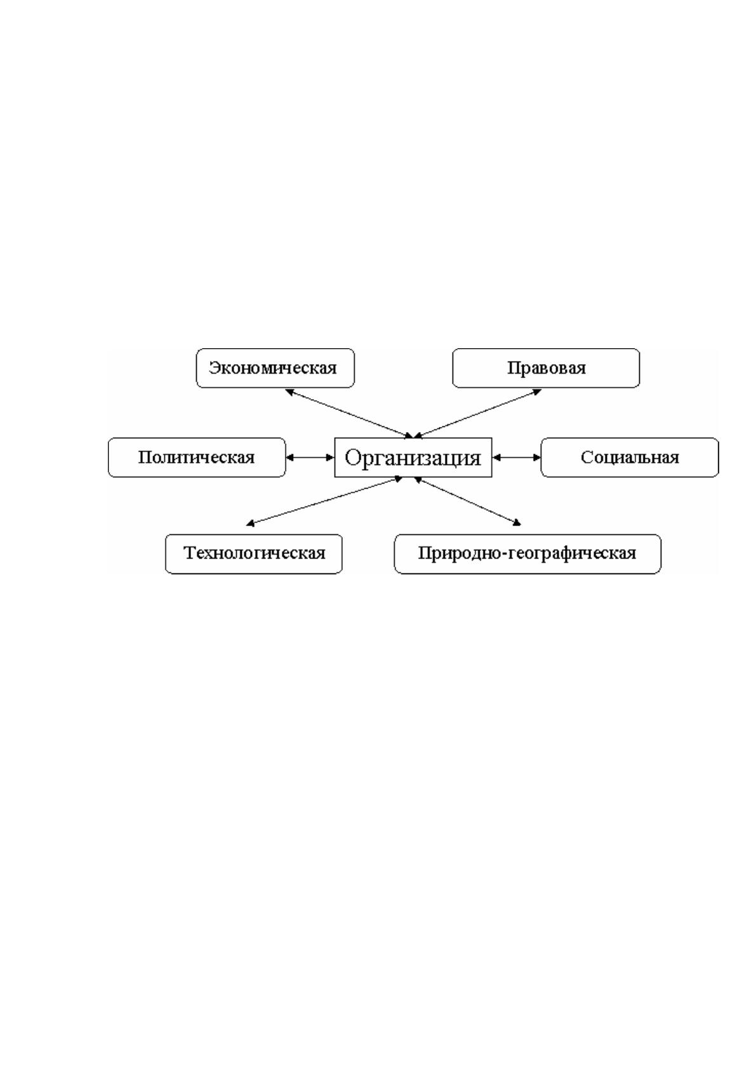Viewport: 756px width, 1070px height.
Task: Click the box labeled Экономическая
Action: (275, 368)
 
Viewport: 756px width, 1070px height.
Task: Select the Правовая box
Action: (546, 368)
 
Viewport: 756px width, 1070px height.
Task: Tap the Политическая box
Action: (197, 457)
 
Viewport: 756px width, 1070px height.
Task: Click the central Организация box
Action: (413, 457)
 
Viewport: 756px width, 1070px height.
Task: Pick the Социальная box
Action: (630, 457)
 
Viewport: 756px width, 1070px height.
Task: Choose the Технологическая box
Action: (253, 553)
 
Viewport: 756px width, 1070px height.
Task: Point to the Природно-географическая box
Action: (527, 553)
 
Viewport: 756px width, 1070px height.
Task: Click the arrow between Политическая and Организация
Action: (310, 457)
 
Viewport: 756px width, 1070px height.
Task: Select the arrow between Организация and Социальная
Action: (517, 457)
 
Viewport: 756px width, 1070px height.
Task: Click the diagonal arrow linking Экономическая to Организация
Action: (348, 414)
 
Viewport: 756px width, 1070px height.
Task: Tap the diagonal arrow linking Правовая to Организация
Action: (477, 414)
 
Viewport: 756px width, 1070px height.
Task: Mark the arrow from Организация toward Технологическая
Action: (324, 501)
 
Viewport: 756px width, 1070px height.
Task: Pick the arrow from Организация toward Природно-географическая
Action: (467, 501)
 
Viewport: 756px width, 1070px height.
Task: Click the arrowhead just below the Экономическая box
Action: (288, 392)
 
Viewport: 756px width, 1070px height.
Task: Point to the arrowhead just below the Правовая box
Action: (538, 392)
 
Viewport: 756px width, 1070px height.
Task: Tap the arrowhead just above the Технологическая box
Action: (249, 524)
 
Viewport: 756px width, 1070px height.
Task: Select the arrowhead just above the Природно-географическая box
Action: (517, 523)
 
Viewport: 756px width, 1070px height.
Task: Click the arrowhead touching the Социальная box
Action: (537, 457)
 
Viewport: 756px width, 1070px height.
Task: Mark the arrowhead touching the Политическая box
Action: (289, 457)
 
